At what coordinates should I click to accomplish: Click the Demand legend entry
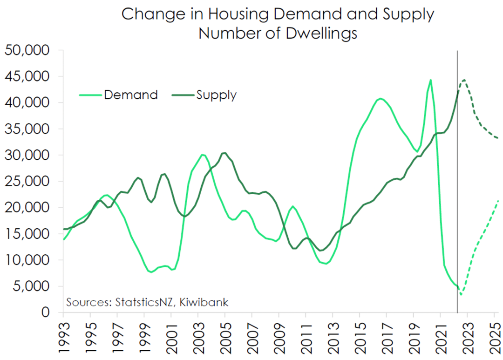[118, 95]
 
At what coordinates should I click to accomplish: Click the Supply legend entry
[204, 95]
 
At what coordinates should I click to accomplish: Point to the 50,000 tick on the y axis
[27, 50]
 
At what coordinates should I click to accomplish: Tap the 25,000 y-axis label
[27, 182]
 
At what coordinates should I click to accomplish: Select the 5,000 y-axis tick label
[31, 286]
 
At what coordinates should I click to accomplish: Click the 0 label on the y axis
[46, 312]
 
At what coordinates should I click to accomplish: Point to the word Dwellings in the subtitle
[321, 33]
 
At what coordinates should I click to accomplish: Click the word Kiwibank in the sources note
[204, 302]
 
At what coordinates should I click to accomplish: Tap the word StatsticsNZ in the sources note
[144, 302]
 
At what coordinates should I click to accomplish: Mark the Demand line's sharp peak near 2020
[430, 80]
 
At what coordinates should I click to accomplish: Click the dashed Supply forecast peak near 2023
[463, 80]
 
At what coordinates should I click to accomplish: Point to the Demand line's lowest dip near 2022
[461, 294]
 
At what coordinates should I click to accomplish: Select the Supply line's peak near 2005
[224, 153]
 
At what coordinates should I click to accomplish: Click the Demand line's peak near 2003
[202, 155]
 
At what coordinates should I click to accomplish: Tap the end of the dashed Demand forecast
[498, 201]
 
